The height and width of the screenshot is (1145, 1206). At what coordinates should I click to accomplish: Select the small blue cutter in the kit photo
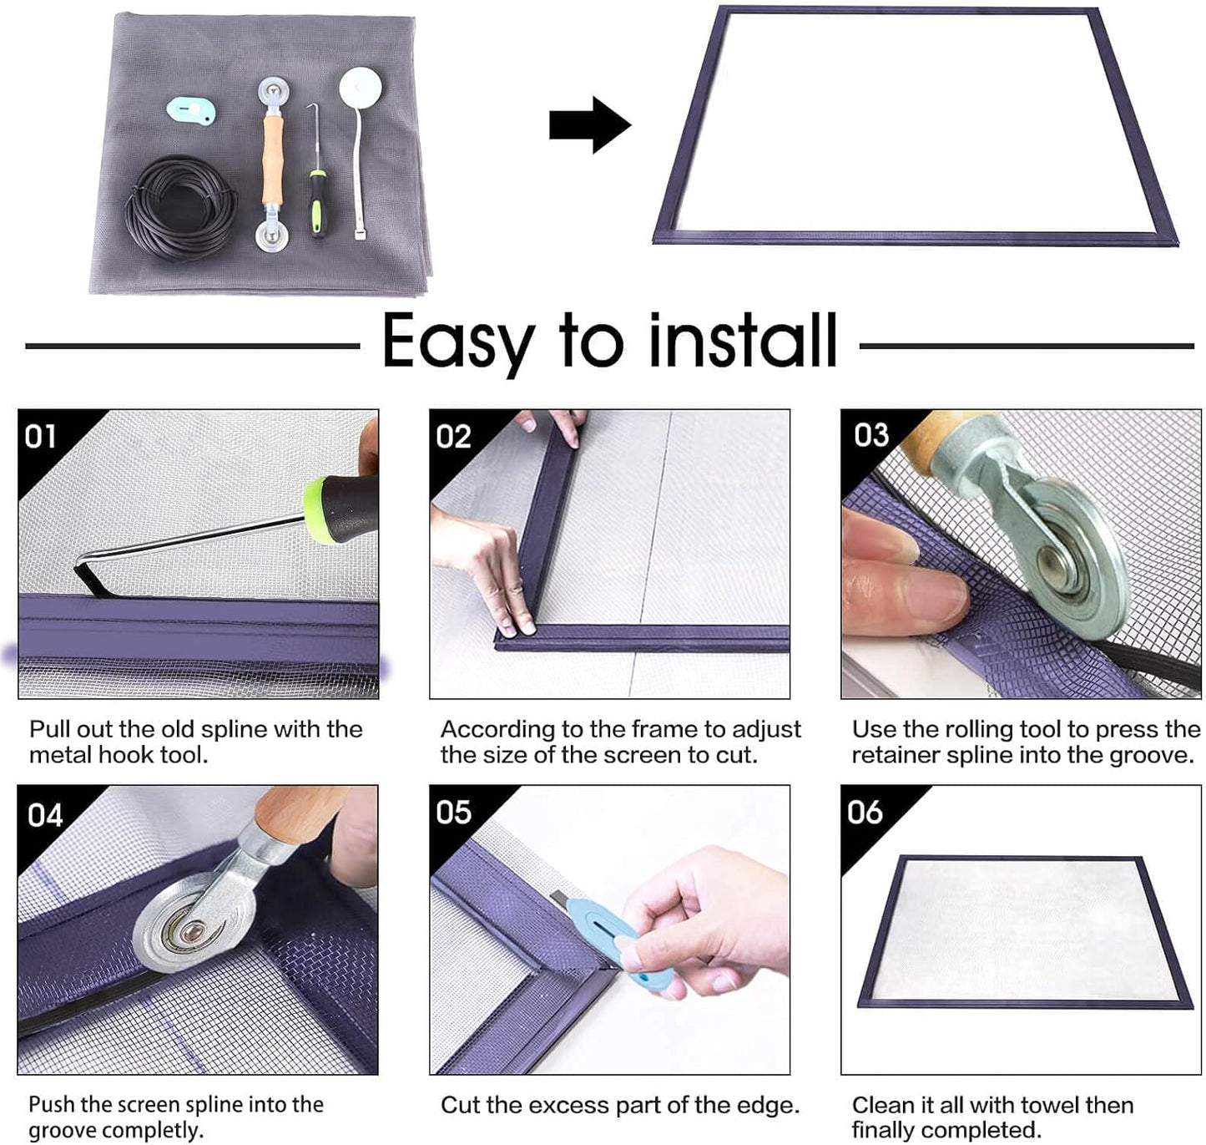(191, 109)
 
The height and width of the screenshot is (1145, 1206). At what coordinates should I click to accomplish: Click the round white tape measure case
(361, 85)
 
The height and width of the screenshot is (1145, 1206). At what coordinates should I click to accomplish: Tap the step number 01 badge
(41, 436)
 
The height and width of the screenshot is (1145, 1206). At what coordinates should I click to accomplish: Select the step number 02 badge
(453, 436)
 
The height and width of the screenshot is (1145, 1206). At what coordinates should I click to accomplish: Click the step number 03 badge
(870, 434)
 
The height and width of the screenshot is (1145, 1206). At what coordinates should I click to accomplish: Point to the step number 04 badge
(44, 814)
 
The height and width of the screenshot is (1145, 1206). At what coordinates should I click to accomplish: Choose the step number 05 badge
(453, 812)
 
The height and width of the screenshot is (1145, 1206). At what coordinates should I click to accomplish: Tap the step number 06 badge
(864, 812)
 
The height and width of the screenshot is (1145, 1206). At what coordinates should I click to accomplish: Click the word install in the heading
(743, 340)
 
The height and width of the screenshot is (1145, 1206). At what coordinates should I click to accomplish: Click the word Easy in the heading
(457, 342)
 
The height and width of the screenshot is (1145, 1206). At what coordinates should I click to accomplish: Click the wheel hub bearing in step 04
(193, 929)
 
